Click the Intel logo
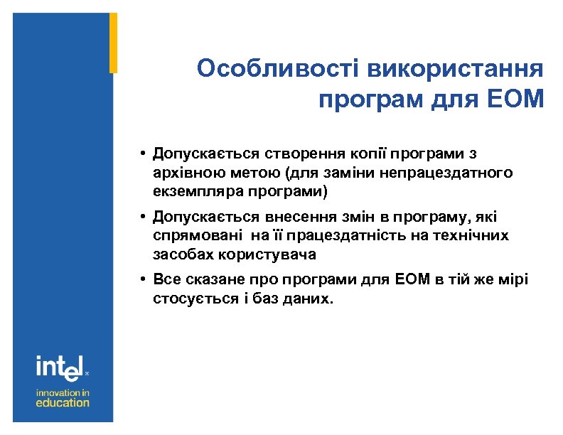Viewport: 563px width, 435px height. pyautogui.click(x=61, y=367)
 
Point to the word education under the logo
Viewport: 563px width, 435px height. pyautogui.click(x=63, y=402)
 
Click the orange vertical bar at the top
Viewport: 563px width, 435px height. pyautogui.click(x=113, y=43)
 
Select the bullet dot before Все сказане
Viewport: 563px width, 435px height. pyautogui.click(x=143, y=279)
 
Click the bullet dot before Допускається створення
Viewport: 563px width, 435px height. pyautogui.click(x=143, y=153)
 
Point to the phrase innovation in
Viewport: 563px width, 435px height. pyautogui.click(x=63, y=392)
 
